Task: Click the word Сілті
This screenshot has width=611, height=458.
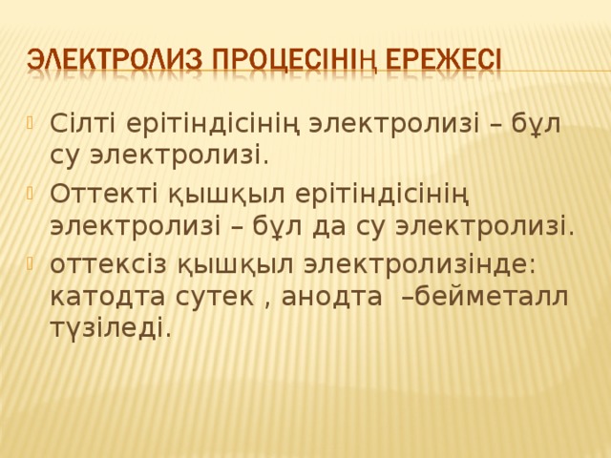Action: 81,124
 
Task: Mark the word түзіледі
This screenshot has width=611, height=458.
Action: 108,329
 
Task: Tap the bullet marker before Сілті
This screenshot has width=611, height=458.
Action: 33,121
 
